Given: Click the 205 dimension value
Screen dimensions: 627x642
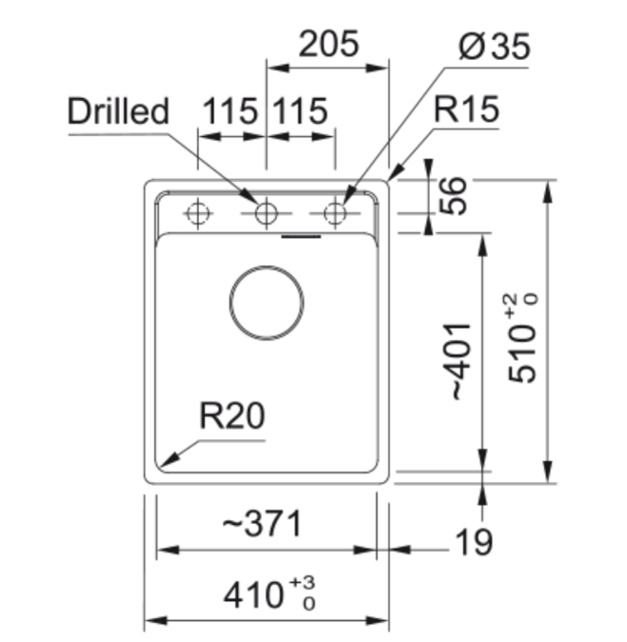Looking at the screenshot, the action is tap(329, 44).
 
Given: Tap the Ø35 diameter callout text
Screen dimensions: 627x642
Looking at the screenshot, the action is tap(494, 47).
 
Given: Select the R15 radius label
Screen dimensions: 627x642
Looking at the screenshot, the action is tap(466, 109).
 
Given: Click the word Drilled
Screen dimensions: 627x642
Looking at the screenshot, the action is tap(118, 110).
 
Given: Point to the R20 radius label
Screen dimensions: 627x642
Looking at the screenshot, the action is tap(232, 416).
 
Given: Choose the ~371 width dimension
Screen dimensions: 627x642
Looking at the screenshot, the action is tap(262, 523).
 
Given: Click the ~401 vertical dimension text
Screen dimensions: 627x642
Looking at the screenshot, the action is tap(460, 361).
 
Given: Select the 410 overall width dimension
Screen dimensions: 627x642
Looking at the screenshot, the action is tap(254, 595).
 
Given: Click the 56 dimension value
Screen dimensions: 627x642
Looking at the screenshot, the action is tap(453, 196).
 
